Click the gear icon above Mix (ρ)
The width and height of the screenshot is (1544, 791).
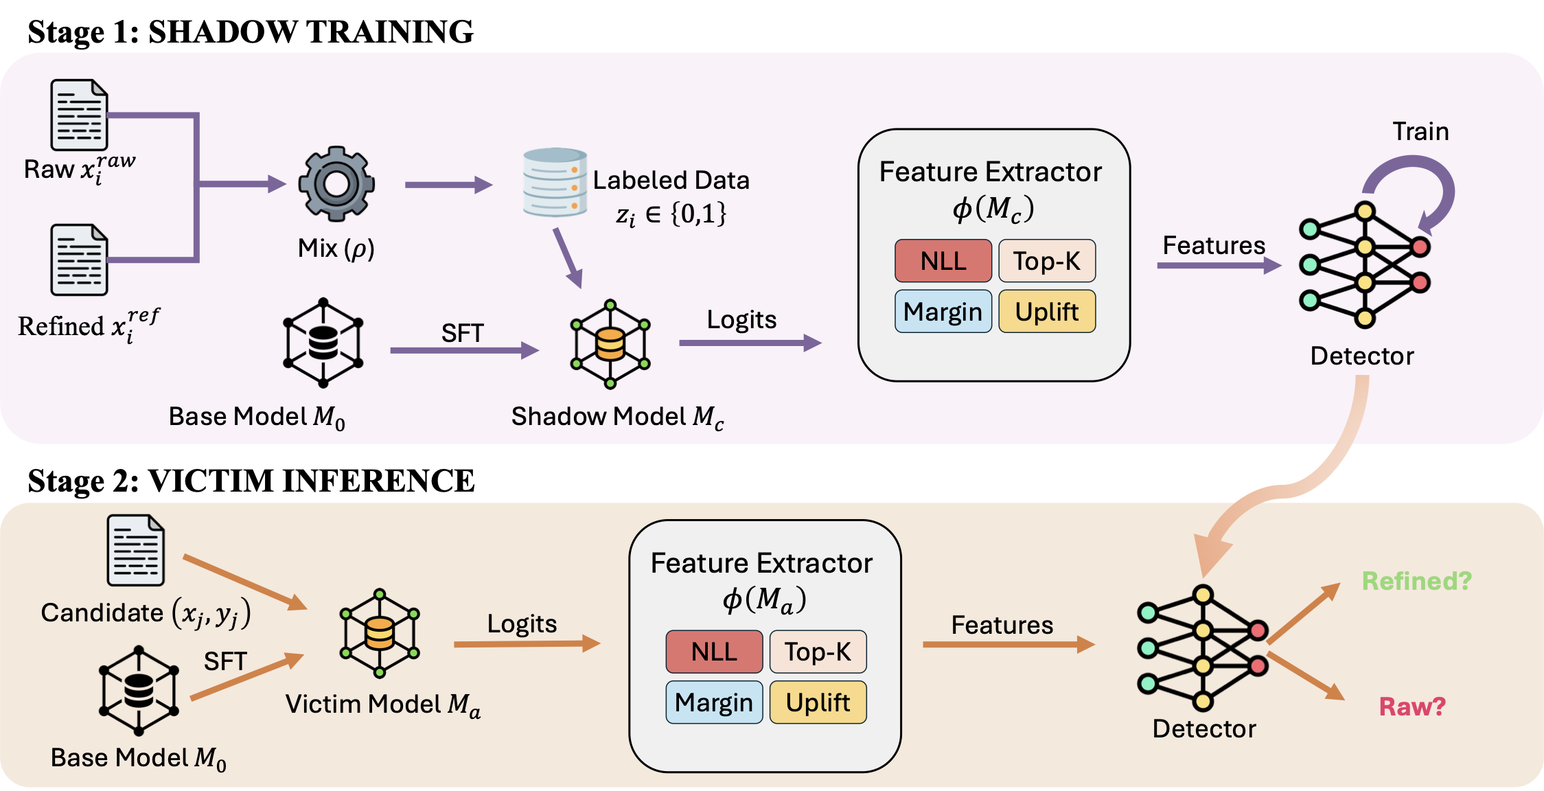(x=336, y=183)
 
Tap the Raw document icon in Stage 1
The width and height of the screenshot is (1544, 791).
(x=79, y=115)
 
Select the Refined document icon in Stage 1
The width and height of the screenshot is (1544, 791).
(x=79, y=260)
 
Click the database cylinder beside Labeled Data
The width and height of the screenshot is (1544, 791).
(x=555, y=183)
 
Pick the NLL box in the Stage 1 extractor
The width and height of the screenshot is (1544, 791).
(x=943, y=261)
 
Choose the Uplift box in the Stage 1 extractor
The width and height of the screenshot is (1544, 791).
(x=1046, y=312)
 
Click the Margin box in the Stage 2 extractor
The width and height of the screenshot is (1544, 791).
(x=714, y=702)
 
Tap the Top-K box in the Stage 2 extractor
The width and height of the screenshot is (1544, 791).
(x=818, y=652)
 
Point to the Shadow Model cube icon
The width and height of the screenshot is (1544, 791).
(x=610, y=343)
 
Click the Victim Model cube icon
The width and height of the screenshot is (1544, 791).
(x=380, y=632)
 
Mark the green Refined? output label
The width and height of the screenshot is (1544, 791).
(x=1416, y=581)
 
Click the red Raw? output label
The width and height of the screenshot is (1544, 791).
(x=1412, y=706)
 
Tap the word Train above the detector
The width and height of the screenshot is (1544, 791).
(x=1420, y=131)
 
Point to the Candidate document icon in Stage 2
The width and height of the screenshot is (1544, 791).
(x=135, y=550)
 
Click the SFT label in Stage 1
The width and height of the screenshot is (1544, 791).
(x=462, y=333)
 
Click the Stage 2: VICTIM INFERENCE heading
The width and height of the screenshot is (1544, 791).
(x=251, y=481)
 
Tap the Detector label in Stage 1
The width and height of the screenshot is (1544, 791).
(x=1362, y=356)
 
